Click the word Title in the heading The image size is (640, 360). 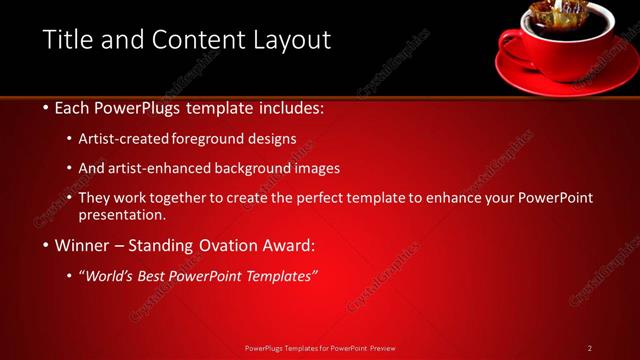coord(67,40)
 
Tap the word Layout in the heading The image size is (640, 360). coord(290,40)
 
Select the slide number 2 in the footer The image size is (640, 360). coord(589,348)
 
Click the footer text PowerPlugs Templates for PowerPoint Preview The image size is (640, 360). coord(320,348)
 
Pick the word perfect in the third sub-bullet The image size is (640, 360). coord(326,198)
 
